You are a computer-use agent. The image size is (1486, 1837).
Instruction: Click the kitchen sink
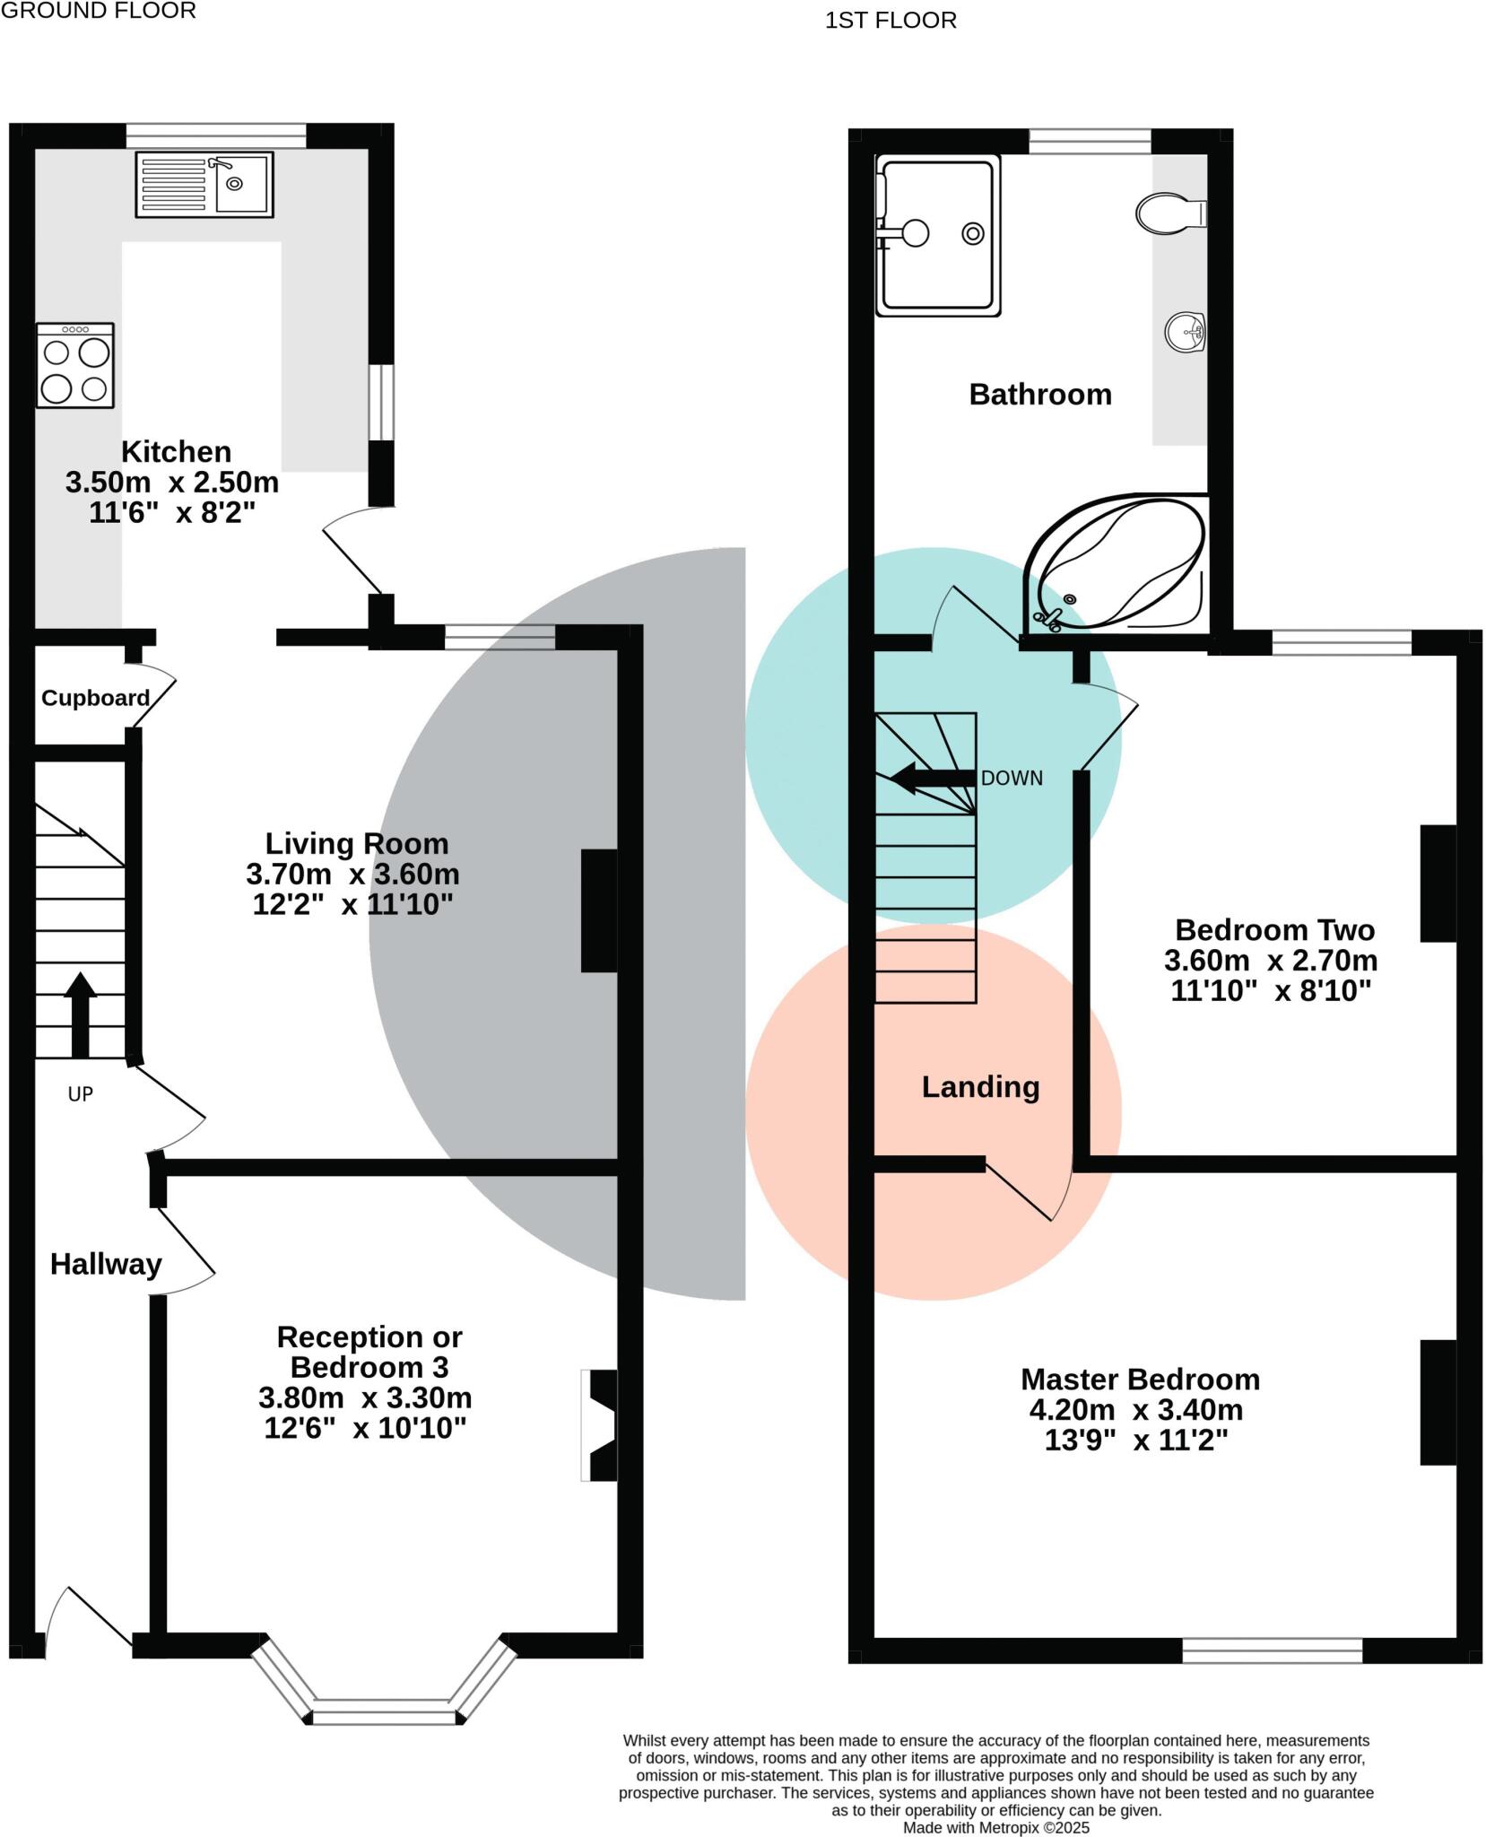(x=204, y=185)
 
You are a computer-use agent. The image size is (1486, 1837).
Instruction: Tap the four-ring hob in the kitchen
(x=75, y=366)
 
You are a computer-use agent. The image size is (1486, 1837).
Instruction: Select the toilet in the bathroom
(x=1169, y=213)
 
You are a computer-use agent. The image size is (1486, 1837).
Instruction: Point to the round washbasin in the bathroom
(x=1184, y=334)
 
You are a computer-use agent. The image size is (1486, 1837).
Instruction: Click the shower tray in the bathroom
(x=938, y=235)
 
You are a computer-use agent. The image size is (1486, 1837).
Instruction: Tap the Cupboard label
(x=95, y=698)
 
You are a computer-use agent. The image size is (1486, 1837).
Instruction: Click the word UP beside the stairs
(x=81, y=1094)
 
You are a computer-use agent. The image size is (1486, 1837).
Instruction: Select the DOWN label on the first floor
(x=1012, y=779)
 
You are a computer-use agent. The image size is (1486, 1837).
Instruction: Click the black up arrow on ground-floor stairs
(x=80, y=1014)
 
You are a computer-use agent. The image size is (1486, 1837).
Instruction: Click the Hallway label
(x=106, y=1265)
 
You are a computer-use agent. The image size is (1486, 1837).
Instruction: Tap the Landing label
(x=980, y=1087)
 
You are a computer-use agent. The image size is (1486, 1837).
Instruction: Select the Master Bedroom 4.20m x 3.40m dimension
(x=1135, y=1410)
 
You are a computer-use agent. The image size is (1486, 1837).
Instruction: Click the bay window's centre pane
(x=384, y=1717)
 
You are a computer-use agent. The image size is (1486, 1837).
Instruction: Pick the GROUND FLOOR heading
(x=99, y=12)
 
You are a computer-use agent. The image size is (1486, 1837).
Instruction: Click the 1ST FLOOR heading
(x=891, y=21)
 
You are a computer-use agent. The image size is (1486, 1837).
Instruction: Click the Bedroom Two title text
(x=1273, y=929)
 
